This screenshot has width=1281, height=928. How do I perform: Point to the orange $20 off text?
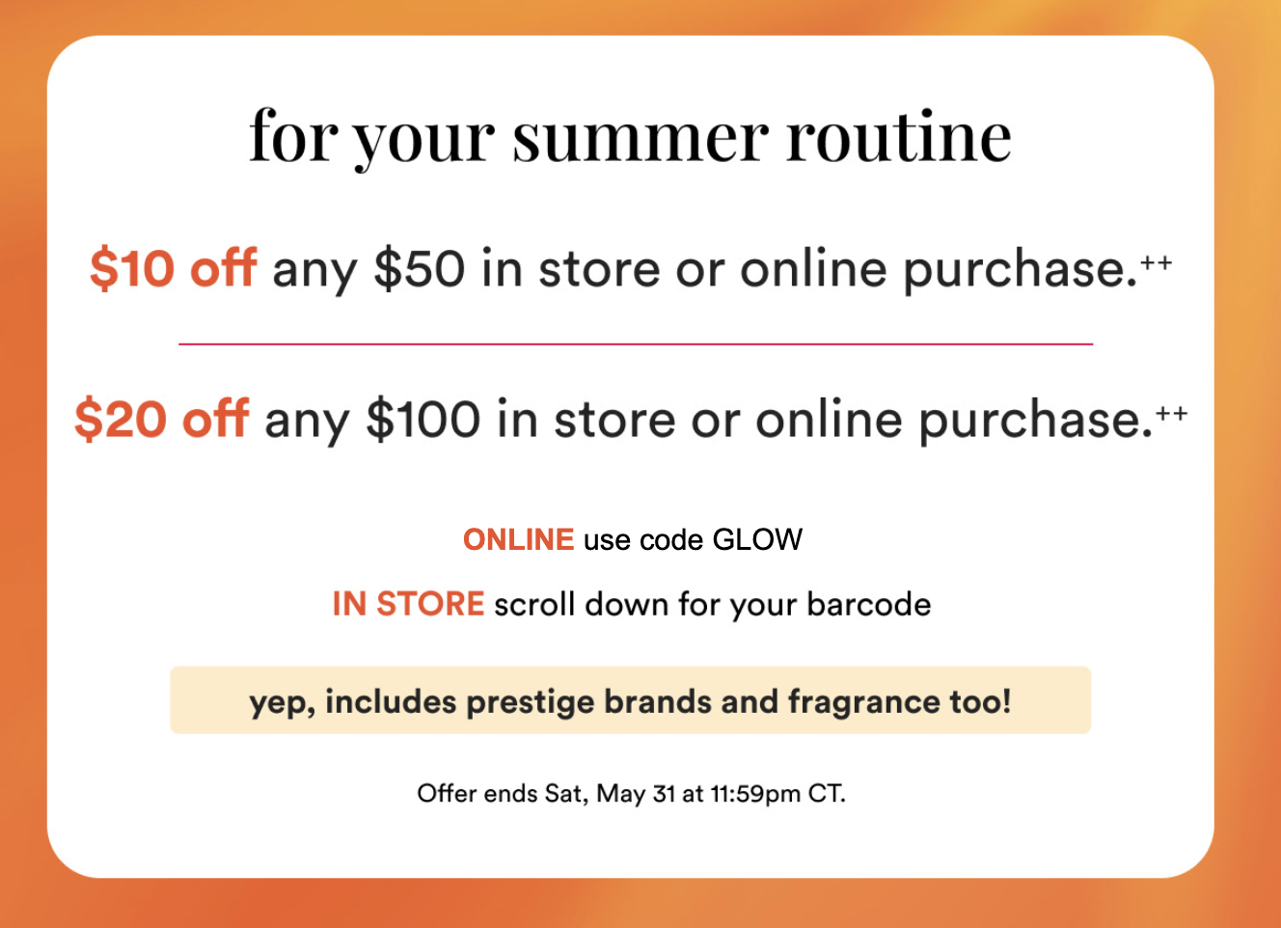click(162, 419)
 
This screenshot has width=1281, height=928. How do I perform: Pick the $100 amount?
click(423, 419)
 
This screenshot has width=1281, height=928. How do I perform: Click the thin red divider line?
click(636, 344)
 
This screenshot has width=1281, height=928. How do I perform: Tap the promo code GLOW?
click(757, 539)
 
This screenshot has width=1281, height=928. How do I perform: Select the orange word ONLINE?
click(518, 539)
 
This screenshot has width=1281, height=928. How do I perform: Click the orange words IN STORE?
click(408, 604)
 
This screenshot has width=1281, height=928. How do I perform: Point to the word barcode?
click(869, 605)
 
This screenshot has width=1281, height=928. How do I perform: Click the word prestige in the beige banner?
click(531, 702)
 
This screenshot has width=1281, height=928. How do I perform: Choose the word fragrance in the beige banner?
click(864, 702)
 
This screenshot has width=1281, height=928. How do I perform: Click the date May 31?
click(635, 794)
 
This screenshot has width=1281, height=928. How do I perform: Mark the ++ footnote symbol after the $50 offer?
click(1157, 262)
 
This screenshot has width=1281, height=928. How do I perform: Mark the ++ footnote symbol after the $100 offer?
click(1172, 413)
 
